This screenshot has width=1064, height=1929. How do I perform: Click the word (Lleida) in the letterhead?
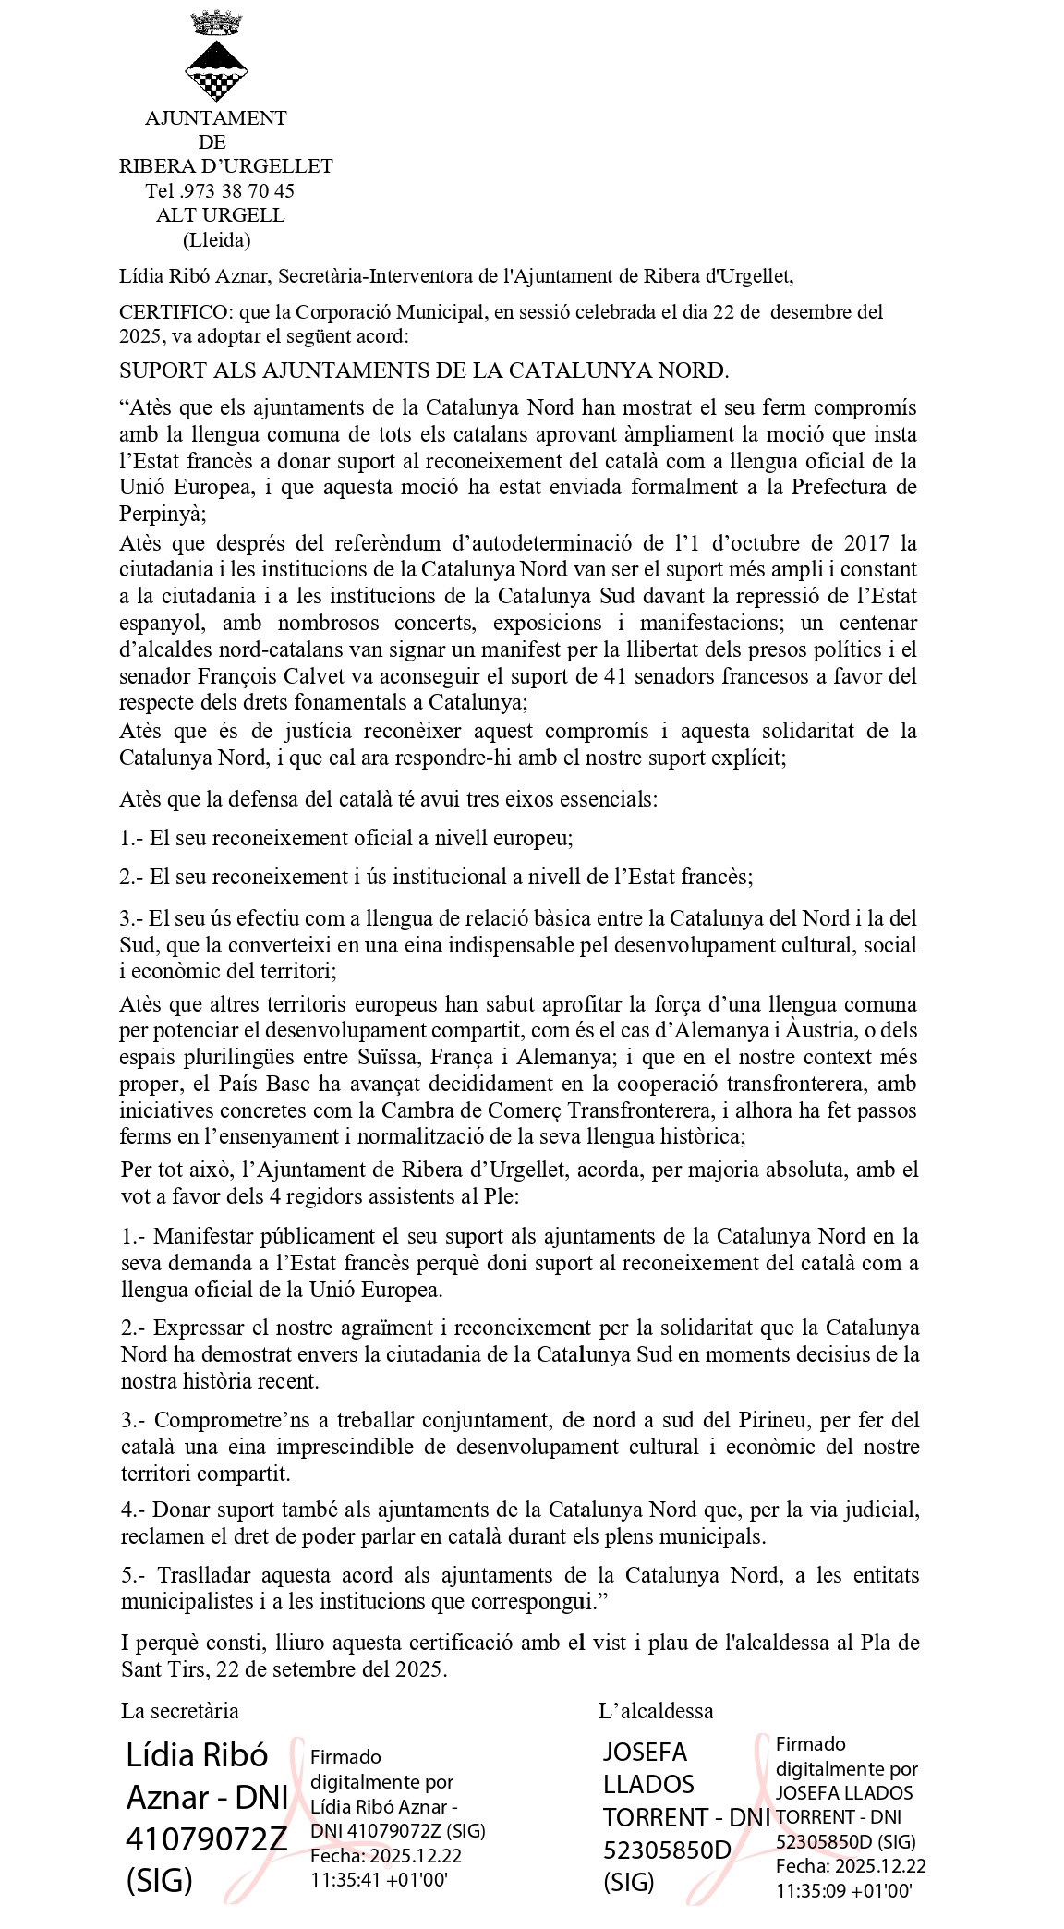click(x=216, y=240)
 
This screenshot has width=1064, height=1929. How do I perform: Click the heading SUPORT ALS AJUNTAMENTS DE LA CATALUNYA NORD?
click(x=424, y=370)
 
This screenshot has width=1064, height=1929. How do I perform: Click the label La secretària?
click(x=180, y=1710)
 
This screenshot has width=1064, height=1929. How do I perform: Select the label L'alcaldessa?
click(x=656, y=1710)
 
